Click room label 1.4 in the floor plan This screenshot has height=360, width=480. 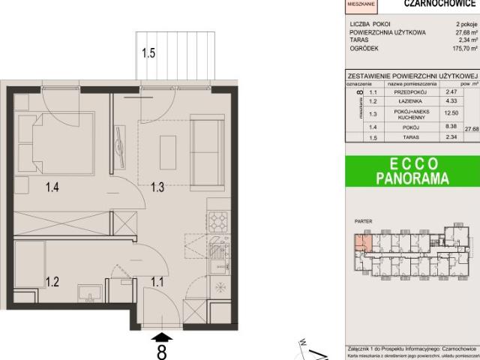coord(52,188)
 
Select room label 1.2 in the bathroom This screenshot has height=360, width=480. coord(52,282)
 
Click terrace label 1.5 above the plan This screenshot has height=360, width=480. coord(148,52)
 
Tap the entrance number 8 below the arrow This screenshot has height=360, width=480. coord(161,350)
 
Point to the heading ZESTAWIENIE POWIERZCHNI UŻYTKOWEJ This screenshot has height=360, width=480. coord(412,76)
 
